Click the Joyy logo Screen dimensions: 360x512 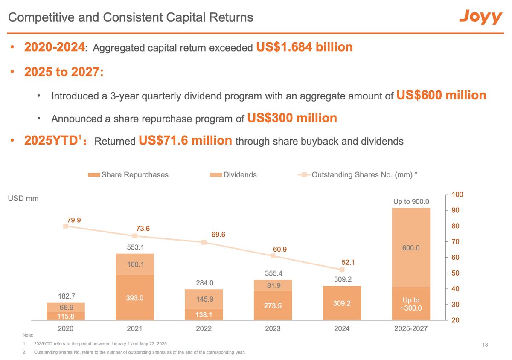click(x=480, y=17)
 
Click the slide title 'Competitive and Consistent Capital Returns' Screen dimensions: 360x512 click(x=131, y=17)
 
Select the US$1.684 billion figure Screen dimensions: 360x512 click(x=304, y=47)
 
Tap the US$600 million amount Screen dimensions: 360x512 click(x=441, y=95)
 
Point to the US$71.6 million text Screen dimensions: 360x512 click(x=186, y=140)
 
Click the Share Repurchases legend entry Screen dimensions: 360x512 click(x=128, y=174)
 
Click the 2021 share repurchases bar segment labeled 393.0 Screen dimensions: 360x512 click(x=134, y=297)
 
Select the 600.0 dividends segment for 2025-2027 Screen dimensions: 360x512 click(x=411, y=248)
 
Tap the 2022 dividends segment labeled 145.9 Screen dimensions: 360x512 click(x=204, y=299)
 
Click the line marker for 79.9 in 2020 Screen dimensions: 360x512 click(x=66, y=226)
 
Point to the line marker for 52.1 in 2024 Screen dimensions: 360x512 click(x=342, y=270)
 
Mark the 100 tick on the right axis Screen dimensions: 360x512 click(x=457, y=195)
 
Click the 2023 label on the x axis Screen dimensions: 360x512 click(x=273, y=328)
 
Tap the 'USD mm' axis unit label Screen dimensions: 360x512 click(x=23, y=198)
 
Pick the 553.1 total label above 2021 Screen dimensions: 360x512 click(x=134, y=247)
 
